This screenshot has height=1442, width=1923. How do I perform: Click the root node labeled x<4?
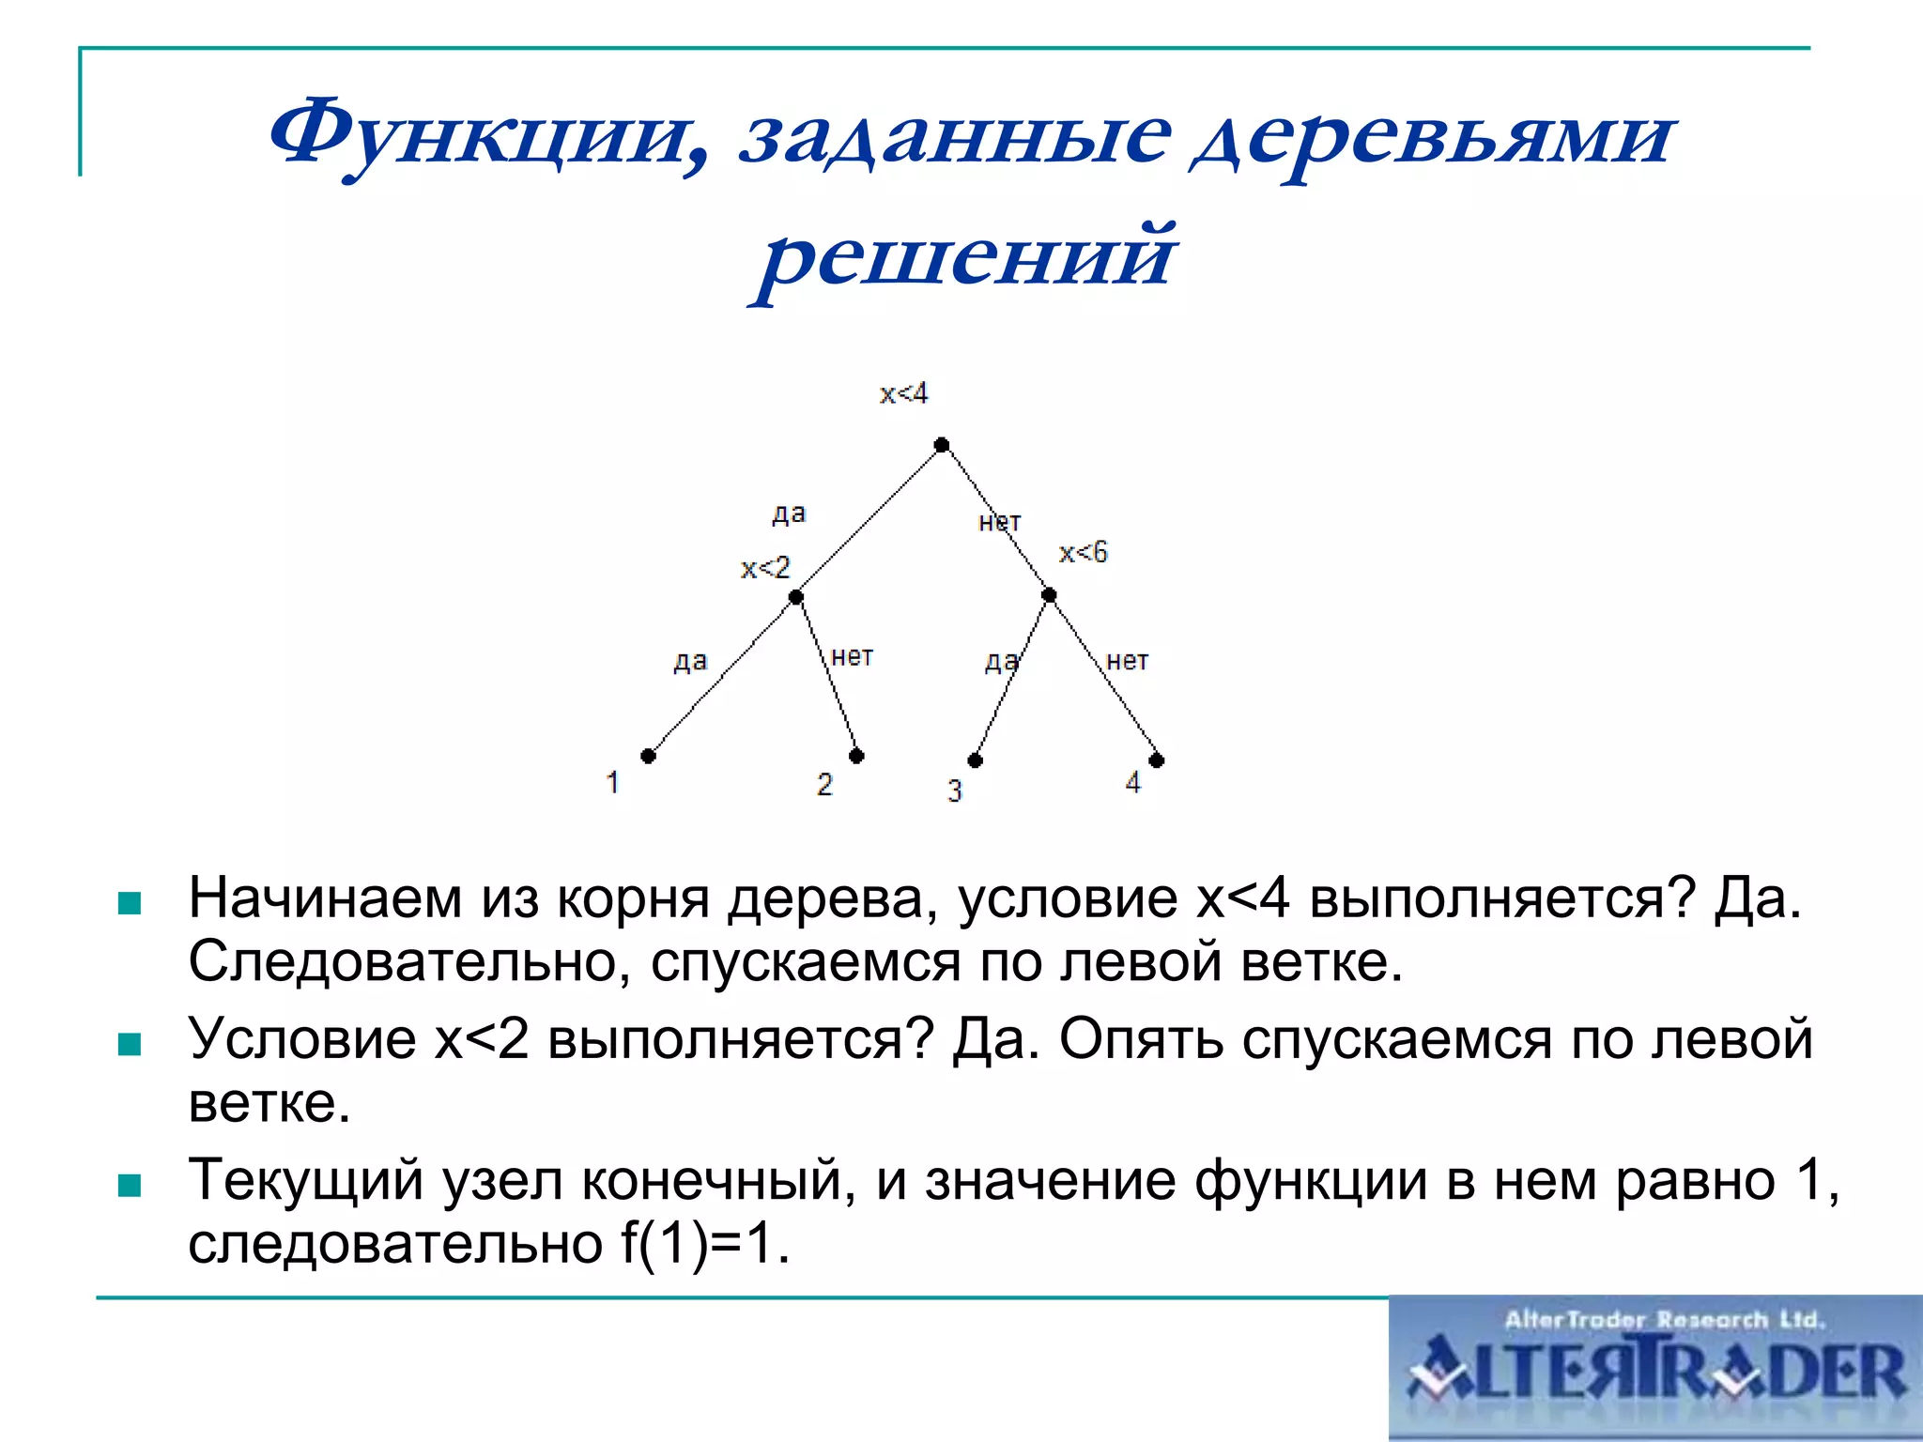tap(942, 445)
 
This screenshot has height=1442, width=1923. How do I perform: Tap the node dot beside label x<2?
tap(795, 597)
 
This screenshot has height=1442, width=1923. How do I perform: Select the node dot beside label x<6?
tap(1049, 595)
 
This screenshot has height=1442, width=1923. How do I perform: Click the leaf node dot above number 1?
tap(648, 756)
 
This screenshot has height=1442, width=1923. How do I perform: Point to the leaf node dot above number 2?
tap(856, 756)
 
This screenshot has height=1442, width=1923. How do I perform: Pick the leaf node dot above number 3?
tap(976, 760)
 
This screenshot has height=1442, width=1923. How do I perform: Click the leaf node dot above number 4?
tap(1157, 760)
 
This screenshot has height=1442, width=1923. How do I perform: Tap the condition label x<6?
tap(1084, 552)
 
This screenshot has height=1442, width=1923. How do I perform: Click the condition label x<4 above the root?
tap(903, 393)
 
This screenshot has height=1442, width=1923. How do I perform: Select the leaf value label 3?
tap(955, 790)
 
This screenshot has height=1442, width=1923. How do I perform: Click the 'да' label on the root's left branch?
tap(789, 513)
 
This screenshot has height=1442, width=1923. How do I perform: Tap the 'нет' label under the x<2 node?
tap(853, 656)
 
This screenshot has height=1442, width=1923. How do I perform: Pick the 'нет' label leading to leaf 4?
tap(1127, 661)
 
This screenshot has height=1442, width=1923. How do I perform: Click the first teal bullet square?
tap(130, 904)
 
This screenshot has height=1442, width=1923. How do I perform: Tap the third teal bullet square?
tap(130, 1186)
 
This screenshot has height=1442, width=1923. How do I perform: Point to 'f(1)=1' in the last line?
tap(704, 1244)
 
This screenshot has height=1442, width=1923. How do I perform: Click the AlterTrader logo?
tap(1655, 1368)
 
